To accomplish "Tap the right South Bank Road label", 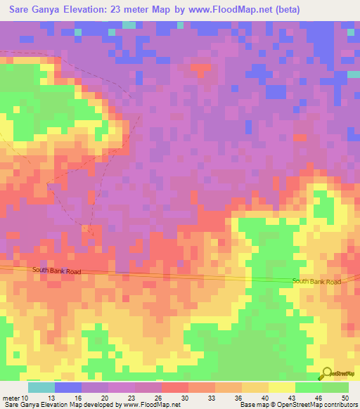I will tap(316, 281).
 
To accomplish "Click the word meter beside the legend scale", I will tap(12, 397).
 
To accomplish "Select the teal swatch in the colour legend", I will tap(41, 387).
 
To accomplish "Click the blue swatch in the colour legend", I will tap(68, 387).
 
